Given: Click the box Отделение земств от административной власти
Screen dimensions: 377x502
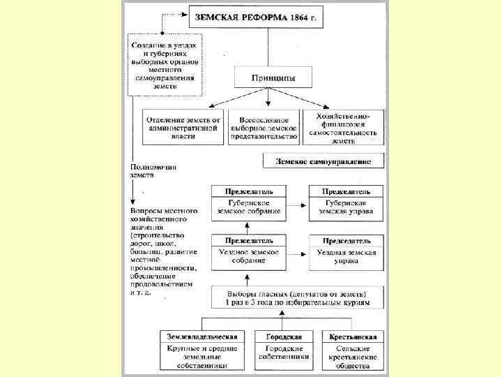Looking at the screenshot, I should (x=183, y=127).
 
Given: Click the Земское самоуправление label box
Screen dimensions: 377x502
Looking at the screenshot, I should (x=324, y=161).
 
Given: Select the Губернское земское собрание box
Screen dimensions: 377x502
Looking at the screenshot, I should (x=249, y=207).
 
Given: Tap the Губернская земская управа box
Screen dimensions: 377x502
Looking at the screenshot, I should (x=346, y=207).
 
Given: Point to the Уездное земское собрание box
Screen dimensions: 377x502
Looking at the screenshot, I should (x=249, y=256).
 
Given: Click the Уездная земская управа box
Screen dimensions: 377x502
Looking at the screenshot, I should (x=346, y=256).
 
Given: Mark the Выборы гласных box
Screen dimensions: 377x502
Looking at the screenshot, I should (x=298, y=298).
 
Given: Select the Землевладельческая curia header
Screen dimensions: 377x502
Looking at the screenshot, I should (x=203, y=337).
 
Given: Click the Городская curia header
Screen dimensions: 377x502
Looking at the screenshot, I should (x=282, y=337).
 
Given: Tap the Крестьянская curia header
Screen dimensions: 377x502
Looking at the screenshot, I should (x=353, y=337).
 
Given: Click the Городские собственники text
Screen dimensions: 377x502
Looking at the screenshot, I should (x=282, y=352).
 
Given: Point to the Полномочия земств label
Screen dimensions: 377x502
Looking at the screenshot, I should (x=153, y=171).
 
